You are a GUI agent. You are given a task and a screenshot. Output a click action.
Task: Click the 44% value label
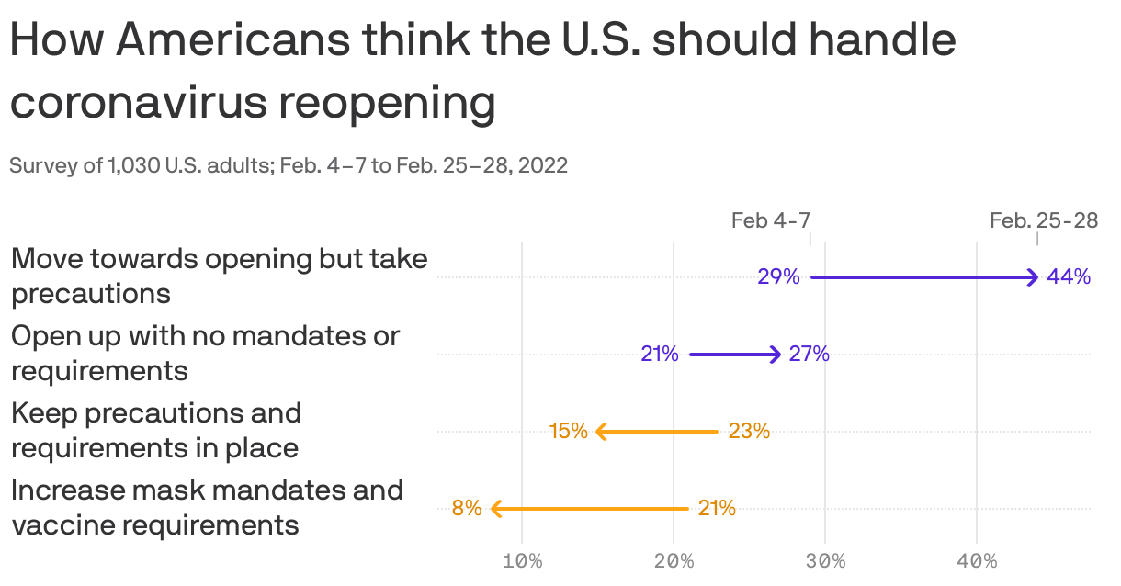(x=1068, y=276)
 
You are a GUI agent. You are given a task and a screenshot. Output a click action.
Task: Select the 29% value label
(x=778, y=276)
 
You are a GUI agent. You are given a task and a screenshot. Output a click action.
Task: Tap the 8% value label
(x=466, y=508)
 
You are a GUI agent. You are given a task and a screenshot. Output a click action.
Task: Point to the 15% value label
(x=568, y=431)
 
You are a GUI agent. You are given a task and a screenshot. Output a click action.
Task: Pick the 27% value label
(x=809, y=354)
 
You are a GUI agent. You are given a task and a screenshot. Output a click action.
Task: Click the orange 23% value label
(x=748, y=431)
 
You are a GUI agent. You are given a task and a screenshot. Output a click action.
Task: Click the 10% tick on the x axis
(x=522, y=561)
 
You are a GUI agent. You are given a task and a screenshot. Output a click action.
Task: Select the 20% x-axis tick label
(x=674, y=561)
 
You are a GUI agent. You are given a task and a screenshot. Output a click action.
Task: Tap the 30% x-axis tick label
(x=824, y=561)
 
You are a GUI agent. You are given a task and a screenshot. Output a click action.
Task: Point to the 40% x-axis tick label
(x=976, y=561)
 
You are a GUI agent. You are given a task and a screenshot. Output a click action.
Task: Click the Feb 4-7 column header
(x=770, y=220)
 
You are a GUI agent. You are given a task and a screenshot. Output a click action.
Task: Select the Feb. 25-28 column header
(x=1043, y=220)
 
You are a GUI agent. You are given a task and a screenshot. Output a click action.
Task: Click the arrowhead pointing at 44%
(x=1033, y=277)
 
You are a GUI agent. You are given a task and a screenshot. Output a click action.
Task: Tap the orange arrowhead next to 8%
(x=497, y=508)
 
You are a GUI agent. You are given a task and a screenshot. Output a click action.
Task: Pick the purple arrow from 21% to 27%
(x=734, y=354)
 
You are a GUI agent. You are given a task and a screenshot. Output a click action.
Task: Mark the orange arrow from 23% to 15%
(x=657, y=431)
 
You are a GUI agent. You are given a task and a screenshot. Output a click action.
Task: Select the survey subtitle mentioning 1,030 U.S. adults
(x=288, y=165)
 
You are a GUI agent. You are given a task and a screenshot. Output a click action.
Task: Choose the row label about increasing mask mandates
(x=207, y=507)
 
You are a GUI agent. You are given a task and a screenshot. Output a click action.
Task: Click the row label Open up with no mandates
(x=205, y=353)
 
